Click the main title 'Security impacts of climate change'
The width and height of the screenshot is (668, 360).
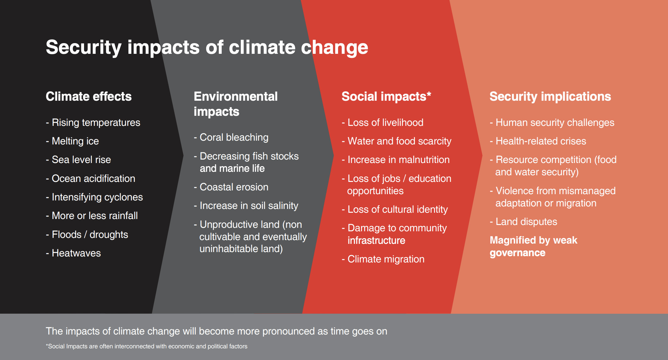[x=207, y=48]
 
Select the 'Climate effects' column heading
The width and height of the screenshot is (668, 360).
[x=88, y=97]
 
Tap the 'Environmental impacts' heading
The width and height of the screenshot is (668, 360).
[x=235, y=104]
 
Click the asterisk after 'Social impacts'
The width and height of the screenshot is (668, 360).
[x=429, y=94]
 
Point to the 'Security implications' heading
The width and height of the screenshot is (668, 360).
[x=550, y=97]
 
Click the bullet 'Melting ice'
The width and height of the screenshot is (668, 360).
[x=75, y=141]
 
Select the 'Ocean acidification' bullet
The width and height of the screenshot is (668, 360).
[x=93, y=178]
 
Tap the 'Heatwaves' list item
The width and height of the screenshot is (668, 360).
[x=76, y=253]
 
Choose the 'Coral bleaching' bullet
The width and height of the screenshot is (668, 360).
[x=234, y=138]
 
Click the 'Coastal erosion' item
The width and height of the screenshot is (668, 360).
[x=234, y=187]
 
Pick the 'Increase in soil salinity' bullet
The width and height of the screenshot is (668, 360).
[x=249, y=206]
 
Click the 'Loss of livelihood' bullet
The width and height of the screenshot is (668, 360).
[x=385, y=122]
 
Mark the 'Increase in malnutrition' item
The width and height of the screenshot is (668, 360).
[x=398, y=160]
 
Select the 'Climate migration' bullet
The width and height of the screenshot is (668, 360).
[x=386, y=259]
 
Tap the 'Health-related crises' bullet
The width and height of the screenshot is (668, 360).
[x=541, y=141]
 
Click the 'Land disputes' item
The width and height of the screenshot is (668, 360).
[x=526, y=222]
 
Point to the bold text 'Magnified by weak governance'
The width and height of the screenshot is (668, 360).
[x=533, y=246]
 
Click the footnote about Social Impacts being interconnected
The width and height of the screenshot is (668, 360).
[x=147, y=346]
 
